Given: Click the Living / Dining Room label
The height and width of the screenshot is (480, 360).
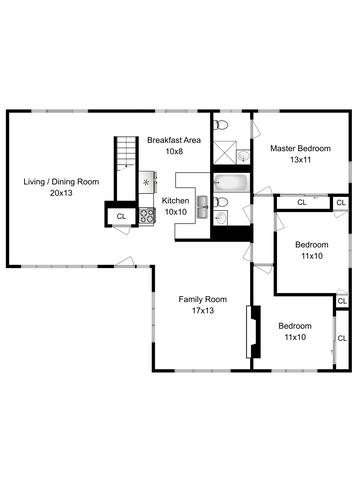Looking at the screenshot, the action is tap(61, 182).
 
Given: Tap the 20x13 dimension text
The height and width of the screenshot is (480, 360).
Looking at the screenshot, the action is tap(61, 193).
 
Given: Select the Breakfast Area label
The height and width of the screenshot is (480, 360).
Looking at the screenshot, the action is tap(174, 140).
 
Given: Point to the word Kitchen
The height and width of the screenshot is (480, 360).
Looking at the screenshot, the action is tap(175, 201).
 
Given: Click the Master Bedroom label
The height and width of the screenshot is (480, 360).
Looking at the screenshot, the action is tap(300, 148).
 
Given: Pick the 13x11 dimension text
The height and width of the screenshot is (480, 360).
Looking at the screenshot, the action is tap(300, 160).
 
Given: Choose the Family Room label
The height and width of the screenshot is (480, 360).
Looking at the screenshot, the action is tap(203, 299).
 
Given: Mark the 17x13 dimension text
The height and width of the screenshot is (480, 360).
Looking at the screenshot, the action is tap(203, 311).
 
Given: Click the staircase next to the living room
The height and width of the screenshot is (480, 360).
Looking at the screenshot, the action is tap(126, 168).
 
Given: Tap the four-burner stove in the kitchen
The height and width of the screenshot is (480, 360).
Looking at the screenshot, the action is tap(147, 216).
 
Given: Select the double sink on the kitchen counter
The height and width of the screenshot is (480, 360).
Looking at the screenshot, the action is tap(203, 207).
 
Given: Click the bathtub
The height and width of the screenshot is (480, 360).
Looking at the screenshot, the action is tap(232, 182).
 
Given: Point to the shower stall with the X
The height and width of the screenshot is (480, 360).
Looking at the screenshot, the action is tap(225, 153).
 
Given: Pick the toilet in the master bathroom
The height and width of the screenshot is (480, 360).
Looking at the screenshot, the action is tap(221, 125).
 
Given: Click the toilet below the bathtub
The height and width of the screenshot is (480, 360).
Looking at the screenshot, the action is tap(221, 202).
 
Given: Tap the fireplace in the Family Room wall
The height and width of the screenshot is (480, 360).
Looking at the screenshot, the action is tap(253, 332).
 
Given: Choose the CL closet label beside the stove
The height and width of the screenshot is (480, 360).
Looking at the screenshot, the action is tap(121, 216).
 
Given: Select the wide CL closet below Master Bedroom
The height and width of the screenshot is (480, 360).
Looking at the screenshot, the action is tap(302, 202).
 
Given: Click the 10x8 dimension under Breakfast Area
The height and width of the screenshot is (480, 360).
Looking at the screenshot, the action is tap(174, 151).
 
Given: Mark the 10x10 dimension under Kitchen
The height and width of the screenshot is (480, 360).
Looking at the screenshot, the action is tap(175, 212).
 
